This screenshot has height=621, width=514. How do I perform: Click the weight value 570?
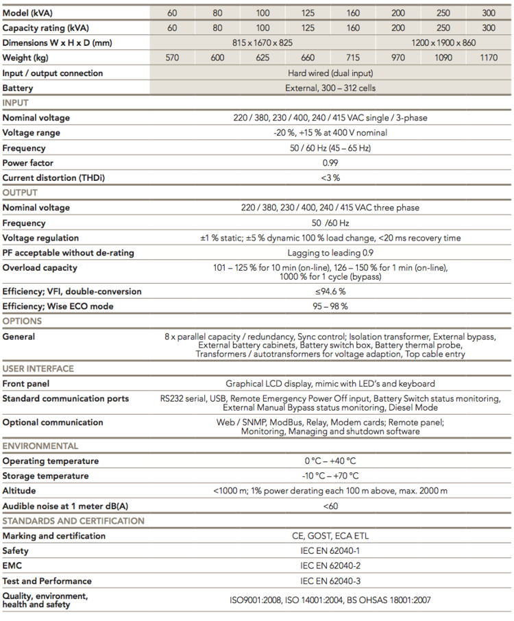point(172,58)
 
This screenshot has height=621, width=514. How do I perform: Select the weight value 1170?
point(489,58)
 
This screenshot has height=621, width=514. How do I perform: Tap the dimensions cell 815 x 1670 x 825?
point(262,43)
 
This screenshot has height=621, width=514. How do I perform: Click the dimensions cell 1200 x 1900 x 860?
point(443,43)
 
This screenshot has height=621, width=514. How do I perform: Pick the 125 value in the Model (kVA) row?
point(308,12)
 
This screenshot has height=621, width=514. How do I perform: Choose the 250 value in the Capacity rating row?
point(443,28)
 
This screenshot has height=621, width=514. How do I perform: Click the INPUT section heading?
point(16,103)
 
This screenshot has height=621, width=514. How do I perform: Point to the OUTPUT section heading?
point(20,193)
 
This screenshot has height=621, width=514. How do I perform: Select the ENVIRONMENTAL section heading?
point(40,446)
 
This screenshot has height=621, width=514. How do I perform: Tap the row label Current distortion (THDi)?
point(54,178)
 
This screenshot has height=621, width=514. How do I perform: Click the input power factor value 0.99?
point(331,163)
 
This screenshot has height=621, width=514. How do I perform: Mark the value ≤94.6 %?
point(330,291)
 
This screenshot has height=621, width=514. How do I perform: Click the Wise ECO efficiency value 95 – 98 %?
point(330,306)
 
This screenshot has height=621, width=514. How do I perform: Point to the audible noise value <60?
point(330,506)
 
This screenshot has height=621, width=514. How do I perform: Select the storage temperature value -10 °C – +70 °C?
point(330,476)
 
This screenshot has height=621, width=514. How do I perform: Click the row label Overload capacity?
point(40,268)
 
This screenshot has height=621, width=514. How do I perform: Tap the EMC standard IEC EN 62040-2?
point(330,566)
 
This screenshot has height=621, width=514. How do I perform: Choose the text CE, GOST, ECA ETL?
point(330,536)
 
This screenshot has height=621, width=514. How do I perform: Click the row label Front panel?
point(26,384)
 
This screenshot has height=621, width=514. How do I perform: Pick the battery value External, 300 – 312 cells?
point(330,88)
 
